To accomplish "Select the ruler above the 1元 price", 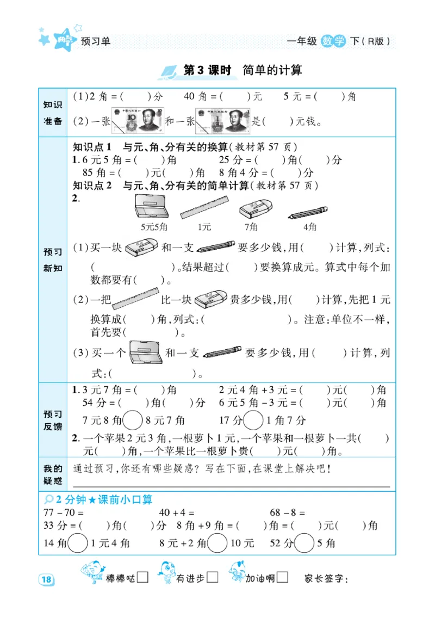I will click(x=204, y=208).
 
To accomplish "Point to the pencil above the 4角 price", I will click(x=308, y=212).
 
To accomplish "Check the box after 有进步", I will click(x=213, y=577).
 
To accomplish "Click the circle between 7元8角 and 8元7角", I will click(x=133, y=420).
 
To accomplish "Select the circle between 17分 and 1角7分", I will click(x=252, y=420).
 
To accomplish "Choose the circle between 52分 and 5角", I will click(x=304, y=542).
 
